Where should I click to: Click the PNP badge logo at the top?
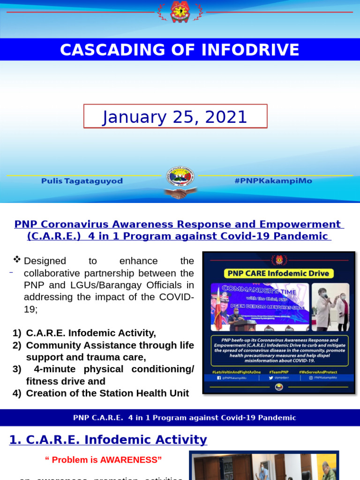180,12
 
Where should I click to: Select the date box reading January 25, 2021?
175,116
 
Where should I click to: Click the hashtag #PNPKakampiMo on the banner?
273,181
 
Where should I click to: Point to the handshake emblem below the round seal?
180,193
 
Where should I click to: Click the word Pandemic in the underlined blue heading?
304,236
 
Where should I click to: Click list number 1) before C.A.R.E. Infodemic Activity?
17,333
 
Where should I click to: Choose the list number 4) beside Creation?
17,393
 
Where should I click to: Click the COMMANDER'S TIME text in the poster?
259,288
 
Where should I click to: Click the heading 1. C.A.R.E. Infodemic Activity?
108,440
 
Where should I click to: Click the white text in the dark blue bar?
185,418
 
